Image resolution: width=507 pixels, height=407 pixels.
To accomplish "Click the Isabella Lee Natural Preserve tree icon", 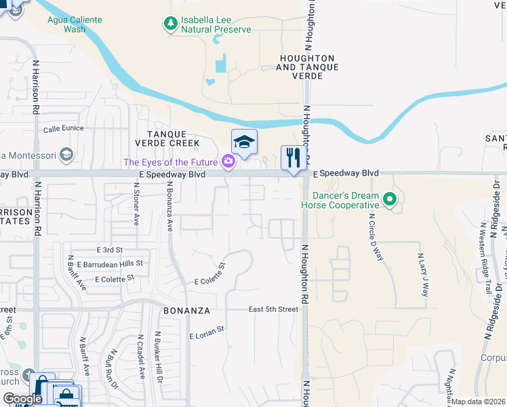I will (170, 24).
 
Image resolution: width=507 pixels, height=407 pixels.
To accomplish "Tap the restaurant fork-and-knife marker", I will (293, 158).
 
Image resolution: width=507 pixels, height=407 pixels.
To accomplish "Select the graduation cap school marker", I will (244, 141).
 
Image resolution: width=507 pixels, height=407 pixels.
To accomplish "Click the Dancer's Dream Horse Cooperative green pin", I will (389, 199).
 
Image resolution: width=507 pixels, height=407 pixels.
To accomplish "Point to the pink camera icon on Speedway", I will (228, 161).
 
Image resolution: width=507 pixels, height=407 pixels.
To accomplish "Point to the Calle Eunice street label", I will (63, 128).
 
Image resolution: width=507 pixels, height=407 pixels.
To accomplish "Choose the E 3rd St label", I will (109, 250).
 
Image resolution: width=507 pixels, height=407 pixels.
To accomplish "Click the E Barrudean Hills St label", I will (110, 263).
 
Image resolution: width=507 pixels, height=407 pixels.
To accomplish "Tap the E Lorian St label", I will (206, 336).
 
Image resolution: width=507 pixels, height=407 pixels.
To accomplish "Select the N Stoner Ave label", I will (136, 210).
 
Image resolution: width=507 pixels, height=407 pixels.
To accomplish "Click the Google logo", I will (22, 399).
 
